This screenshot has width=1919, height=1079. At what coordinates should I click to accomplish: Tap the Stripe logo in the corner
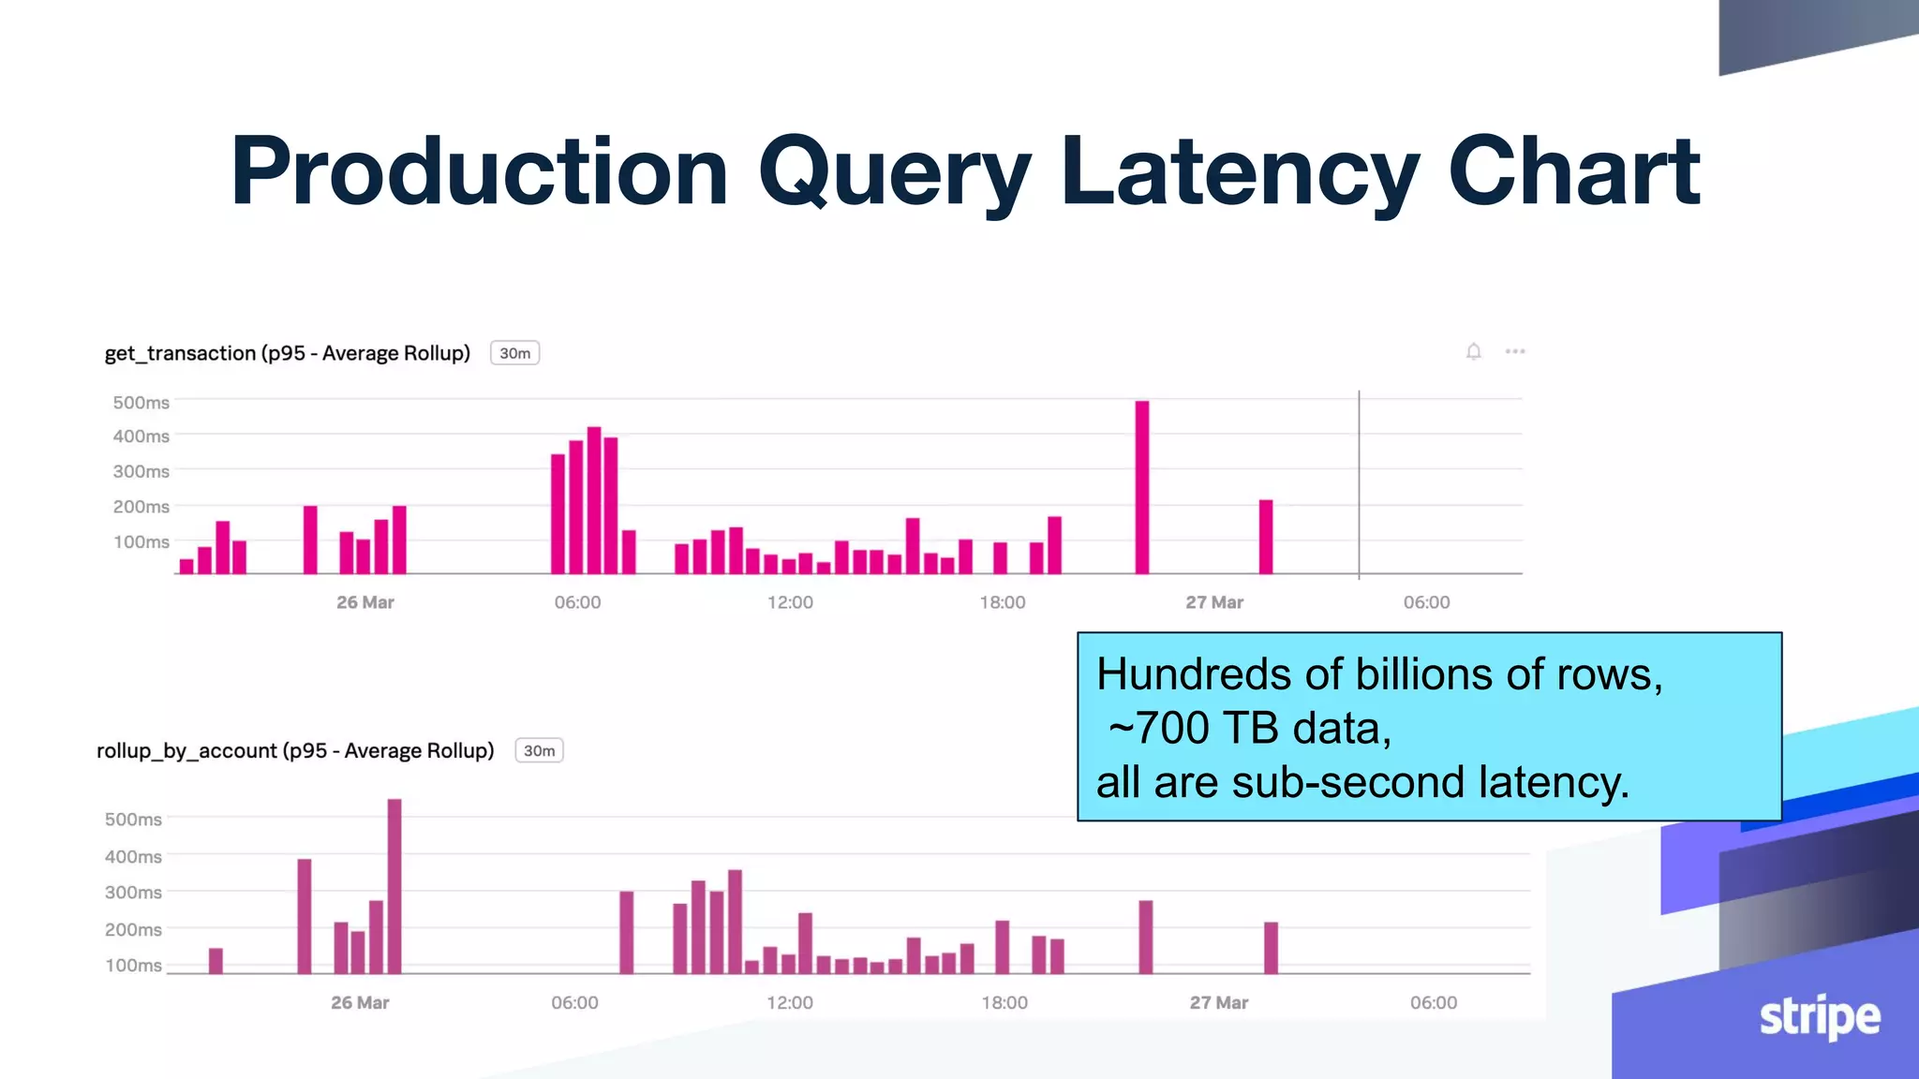point(1819,1017)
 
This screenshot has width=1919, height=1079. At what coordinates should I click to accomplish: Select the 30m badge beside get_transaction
point(514,353)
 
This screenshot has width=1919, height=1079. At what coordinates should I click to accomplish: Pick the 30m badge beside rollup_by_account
point(539,750)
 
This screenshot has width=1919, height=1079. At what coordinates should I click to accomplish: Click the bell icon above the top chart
point(1473,351)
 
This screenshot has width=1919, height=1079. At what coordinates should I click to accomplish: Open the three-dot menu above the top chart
point(1515,351)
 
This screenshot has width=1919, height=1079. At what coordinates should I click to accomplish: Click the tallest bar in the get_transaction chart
point(1141,487)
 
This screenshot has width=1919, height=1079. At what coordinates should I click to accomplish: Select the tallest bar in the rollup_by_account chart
point(394,885)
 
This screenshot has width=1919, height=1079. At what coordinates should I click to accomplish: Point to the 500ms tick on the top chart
point(141,403)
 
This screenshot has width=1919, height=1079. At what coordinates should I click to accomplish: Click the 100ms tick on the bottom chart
point(133,966)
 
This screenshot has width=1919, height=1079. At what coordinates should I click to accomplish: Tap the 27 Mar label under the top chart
point(1214,602)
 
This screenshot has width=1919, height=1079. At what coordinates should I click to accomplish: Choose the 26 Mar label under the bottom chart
point(360,1002)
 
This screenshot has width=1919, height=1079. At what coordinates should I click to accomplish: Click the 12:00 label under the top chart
point(790,602)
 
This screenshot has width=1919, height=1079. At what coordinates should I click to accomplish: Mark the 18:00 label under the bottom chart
point(1004,1002)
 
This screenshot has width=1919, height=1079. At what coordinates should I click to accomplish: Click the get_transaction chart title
point(287,353)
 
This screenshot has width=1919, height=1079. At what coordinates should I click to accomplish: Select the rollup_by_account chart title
point(295,750)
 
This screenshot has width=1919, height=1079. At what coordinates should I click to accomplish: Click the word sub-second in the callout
point(1347,782)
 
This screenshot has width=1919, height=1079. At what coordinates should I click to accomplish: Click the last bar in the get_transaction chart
point(1266,537)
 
